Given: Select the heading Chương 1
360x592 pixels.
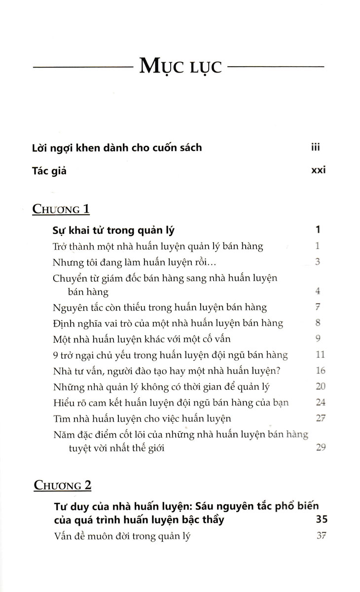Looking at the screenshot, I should (x=61, y=209).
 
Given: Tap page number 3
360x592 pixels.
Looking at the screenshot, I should (x=318, y=261).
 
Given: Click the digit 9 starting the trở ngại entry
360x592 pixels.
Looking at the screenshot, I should (x=54, y=355).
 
